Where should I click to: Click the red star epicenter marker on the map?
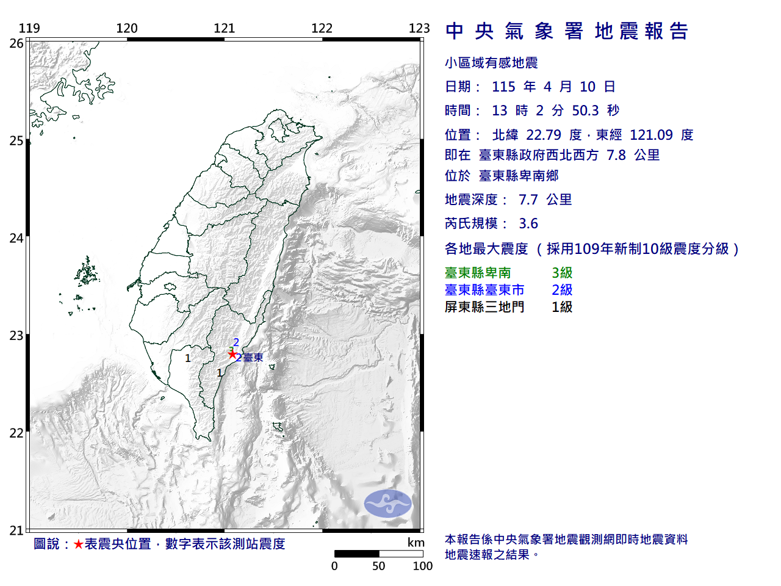pyautogui.click(x=232, y=354)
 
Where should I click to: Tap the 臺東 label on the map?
pyautogui.click(x=253, y=358)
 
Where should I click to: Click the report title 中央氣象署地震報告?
pyautogui.click(x=567, y=31)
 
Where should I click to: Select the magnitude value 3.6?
pyautogui.click(x=528, y=223)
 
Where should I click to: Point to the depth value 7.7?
pyautogui.click(x=528, y=200)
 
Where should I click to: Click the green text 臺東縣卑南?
pyautogui.click(x=478, y=273)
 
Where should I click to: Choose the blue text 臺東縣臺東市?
pyautogui.click(x=484, y=290)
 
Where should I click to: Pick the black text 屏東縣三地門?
pyautogui.click(x=484, y=307)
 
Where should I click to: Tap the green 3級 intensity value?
pyautogui.click(x=562, y=273)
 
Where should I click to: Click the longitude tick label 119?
pyautogui.click(x=29, y=28)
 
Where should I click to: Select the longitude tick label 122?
pyautogui.click(x=322, y=28)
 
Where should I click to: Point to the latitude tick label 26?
pyautogui.click(x=16, y=43)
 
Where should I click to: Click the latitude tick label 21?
pyautogui.click(x=16, y=530)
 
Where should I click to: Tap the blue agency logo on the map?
pyautogui.click(x=388, y=504)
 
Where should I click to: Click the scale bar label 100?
pyautogui.click(x=422, y=566)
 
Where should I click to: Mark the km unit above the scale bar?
pyautogui.click(x=416, y=543)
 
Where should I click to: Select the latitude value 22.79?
pyautogui.click(x=544, y=135)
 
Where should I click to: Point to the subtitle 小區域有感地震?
pyautogui.click(x=491, y=63)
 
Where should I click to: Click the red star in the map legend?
pyautogui.click(x=78, y=544)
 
